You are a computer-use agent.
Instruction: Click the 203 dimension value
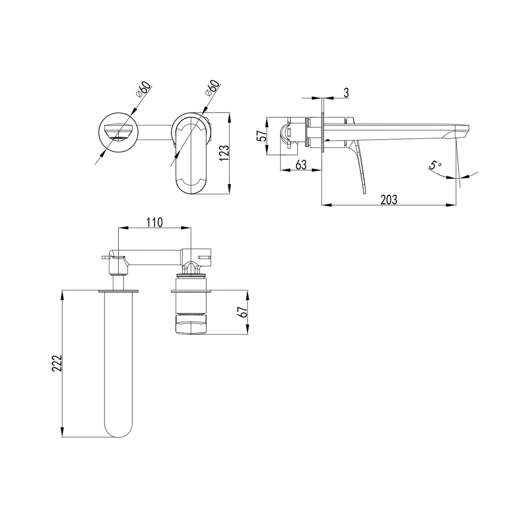[389, 199]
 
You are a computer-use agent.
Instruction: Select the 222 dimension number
[57, 364]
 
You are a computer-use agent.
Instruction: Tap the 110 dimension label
[154, 222]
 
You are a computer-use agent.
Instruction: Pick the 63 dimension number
[301, 165]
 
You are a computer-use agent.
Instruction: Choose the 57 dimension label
[261, 136]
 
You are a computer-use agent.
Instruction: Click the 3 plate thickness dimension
[346, 93]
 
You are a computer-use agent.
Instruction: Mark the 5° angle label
[435, 166]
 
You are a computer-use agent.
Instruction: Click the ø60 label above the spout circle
[142, 89]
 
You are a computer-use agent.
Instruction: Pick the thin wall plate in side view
[323, 133]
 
